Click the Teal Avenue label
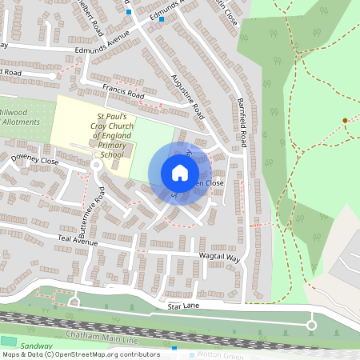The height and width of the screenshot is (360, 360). (x=77, y=241)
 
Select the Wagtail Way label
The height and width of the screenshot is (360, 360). (x=219, y=257)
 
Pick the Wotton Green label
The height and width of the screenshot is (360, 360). (x=217, y=354)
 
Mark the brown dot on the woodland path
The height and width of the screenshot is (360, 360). (x=345, y=121)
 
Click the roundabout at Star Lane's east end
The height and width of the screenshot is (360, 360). (x=311, y=324)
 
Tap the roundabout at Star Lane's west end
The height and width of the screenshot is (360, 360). (x=75, y=302)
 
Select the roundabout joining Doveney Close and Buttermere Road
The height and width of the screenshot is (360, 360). (x=96, y=165)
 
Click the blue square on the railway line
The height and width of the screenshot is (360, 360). (x=174, y=349)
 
